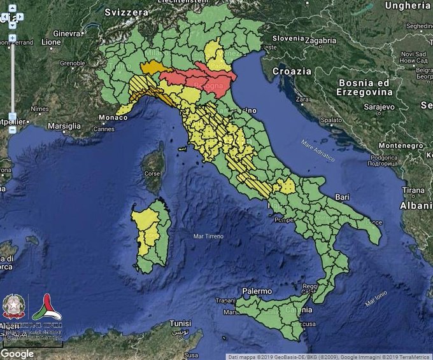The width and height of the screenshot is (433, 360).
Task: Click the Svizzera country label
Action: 127,11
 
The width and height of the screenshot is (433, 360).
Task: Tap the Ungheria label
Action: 408,6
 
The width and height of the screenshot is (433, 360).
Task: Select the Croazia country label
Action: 292,71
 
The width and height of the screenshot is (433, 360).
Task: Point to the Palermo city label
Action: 257,291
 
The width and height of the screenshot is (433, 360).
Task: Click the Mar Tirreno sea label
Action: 208,236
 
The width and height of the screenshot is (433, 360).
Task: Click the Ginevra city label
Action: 67,33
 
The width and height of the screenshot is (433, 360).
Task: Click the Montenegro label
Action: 402,146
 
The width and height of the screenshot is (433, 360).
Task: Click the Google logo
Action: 17,354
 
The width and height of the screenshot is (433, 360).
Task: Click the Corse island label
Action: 153,173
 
